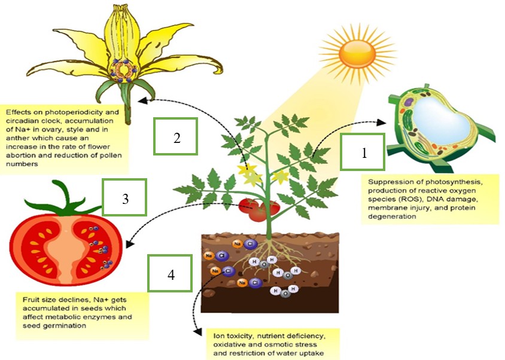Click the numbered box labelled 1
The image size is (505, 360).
click(x=363, y=152)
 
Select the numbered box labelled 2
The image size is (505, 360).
click(x=175, y=136)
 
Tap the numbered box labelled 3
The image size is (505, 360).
click(x=124, y=197)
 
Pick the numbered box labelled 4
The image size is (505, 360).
click(x=170, y=273)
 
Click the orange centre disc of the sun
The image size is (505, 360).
click(x=357, y=54)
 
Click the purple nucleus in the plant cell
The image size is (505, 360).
click(x=409, y=102)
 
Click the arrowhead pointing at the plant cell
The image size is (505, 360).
click(x=382, y=122)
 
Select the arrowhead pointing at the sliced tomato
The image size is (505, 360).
click(x=129, y=244)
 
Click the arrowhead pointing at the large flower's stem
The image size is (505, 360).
click(x=142, y=101)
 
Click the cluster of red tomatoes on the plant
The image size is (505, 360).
click(x=259, y=210)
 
